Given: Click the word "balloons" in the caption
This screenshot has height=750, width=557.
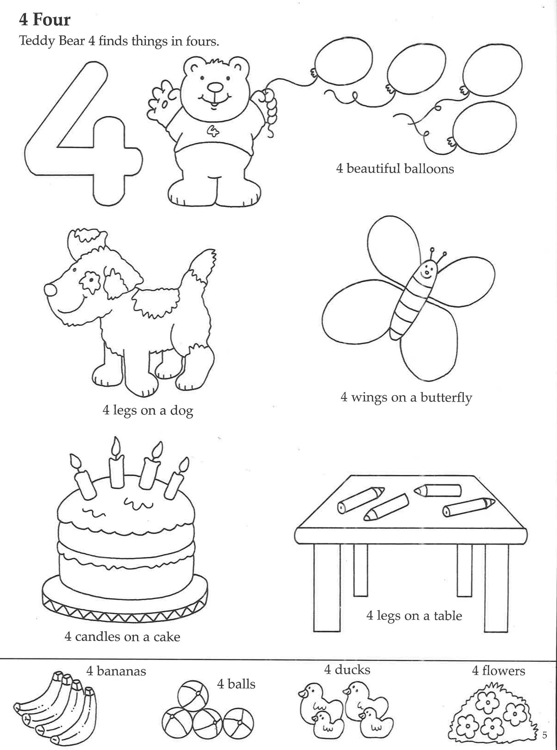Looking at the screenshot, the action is point(429,169).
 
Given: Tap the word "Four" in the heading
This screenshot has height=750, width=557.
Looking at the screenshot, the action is point(52,20).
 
